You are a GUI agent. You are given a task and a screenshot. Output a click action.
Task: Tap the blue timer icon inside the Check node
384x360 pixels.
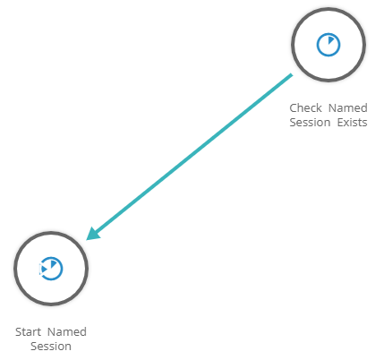click(329, 45)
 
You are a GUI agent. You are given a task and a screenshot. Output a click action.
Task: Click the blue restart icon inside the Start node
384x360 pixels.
click(51, 269)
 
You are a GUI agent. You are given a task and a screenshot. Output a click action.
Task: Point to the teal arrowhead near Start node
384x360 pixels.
click(93, 234)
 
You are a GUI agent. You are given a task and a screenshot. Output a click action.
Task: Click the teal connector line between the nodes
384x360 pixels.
click(190, 157)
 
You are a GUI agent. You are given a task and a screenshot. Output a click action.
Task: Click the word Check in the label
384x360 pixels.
click(305, 107)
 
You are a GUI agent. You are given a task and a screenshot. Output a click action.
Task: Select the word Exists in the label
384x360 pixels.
click(352, 123)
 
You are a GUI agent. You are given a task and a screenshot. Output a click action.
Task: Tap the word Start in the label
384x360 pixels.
click(28, 331)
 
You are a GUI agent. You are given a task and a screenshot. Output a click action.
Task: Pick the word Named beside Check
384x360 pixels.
click(348, 107)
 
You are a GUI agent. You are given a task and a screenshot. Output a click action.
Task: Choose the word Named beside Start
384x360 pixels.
click(67, 331)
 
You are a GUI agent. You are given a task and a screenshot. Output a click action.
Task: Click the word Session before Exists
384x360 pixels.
click(310, 123)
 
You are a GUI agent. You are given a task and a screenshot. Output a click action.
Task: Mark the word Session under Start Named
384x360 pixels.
click(51, 347)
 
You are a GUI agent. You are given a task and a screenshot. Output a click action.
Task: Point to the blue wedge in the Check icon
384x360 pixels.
click(331, 39)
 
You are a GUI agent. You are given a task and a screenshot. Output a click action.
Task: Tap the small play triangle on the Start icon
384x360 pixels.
click(44, 269)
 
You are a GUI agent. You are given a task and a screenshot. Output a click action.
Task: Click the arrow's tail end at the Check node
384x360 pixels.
click(292, 74)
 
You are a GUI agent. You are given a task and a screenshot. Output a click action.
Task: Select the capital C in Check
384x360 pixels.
click(294, 107)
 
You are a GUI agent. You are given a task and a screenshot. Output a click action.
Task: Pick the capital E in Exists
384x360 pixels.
click(340, 123)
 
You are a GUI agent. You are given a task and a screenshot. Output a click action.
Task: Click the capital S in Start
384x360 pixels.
click(19, 331)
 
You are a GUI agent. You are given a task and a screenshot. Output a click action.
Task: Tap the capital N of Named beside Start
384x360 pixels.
click(52, 331)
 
